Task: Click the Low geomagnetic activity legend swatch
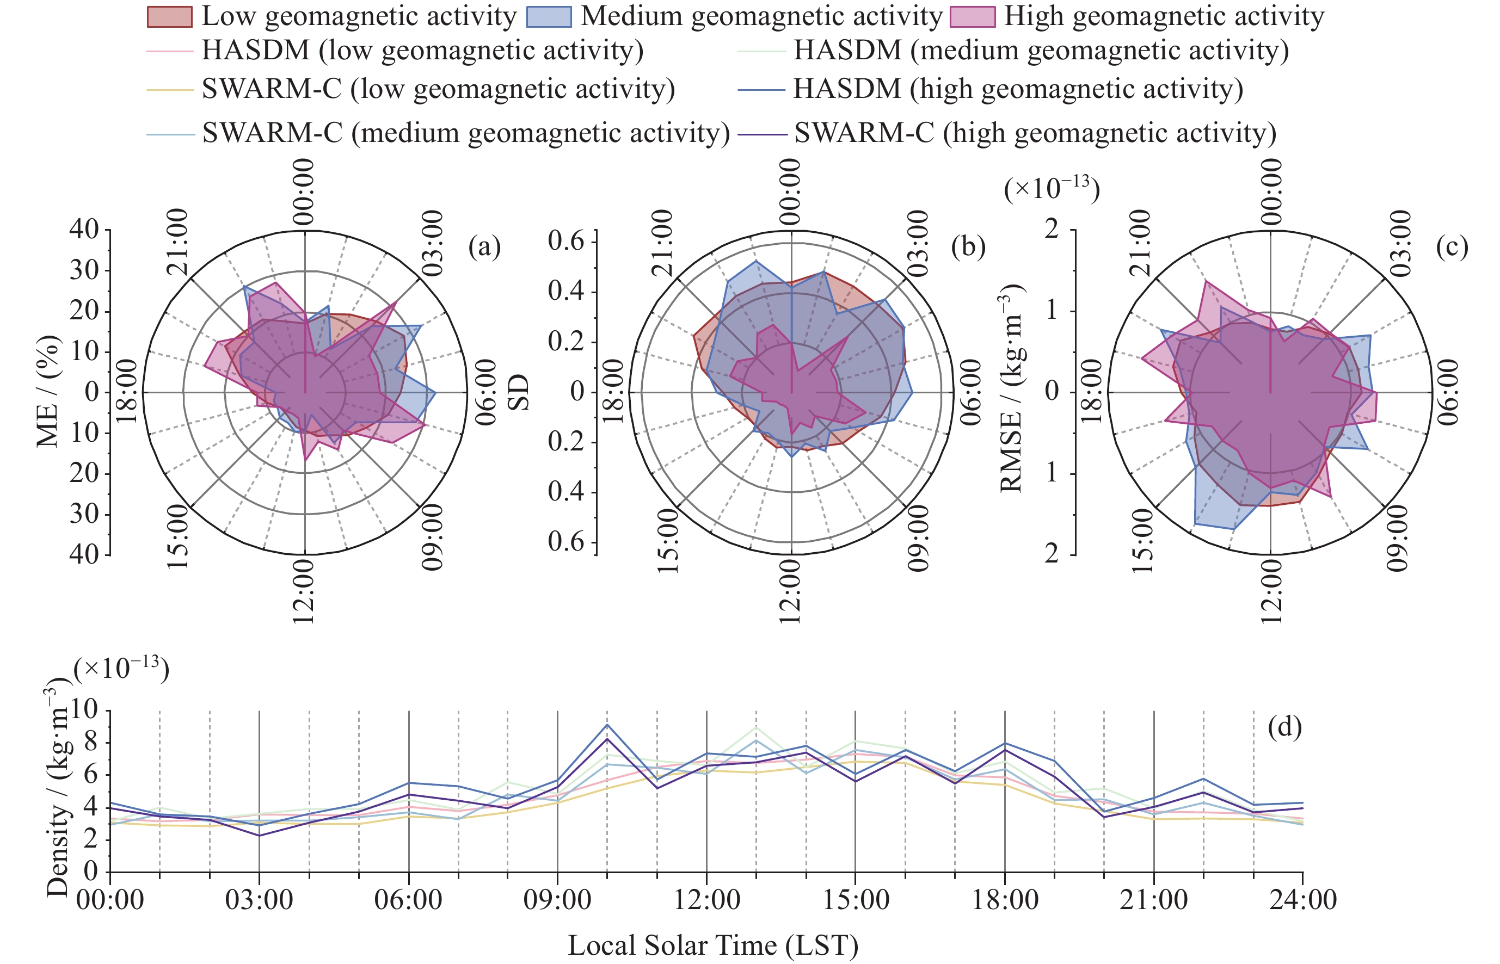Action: [169, 17]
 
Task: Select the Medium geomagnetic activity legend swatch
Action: [549, 17]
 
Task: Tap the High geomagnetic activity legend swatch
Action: [972, 17]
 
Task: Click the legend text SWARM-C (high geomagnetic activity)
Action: [1035, 133]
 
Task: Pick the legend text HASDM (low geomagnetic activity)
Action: [422, 50]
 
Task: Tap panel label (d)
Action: [1284, 726]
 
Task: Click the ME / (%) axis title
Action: [48, 391]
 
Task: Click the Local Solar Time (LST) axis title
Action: [713, 944]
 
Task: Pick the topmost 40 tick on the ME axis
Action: [84, 229]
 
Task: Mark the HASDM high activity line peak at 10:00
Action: [607, 725]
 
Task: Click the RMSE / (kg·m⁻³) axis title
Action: [1011, 388]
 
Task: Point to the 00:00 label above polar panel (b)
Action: [790, 191]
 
